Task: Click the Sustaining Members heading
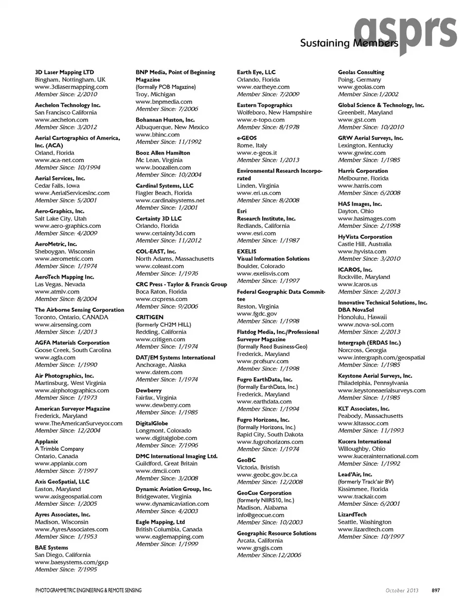coord(349,43)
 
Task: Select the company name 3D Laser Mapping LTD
coord(64,72)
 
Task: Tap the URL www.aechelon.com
coord(61,120)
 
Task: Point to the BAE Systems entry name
coord(51,548)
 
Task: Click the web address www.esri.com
coord(256,233)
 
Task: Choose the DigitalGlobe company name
coord(152,423)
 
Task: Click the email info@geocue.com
coord(260,515)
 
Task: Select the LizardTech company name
coord(352,514)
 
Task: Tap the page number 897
coord(435,590)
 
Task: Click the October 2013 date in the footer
coord(402,590)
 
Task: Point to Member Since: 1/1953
coord(66,536)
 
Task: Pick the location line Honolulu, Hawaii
coord(363,317)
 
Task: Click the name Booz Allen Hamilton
coord(162,153)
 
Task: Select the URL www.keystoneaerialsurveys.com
coord(381,390)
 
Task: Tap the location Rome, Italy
coord(252,145)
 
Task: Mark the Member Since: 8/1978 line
coord(268,127)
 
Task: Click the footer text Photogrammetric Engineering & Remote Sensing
coord(89,590)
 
